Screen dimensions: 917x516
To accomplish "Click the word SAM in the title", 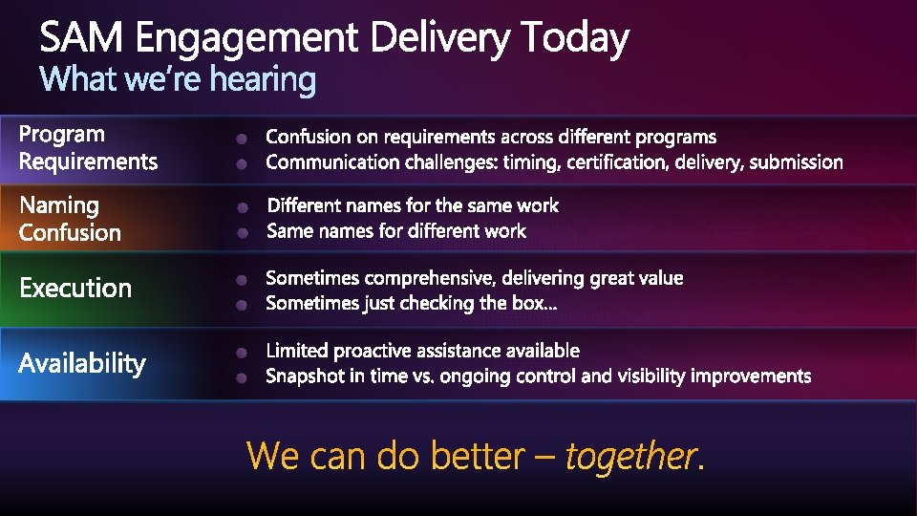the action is pyautogui.click(x=81, y=37).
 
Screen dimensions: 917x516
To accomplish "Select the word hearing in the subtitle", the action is pyautogui.click(x=263, y=79).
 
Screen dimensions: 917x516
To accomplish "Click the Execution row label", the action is pyautogui.click(x=75, y=289).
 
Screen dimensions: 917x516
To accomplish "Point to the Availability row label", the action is pyautogui.click(x=82, y=364).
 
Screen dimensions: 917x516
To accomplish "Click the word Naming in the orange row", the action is pyautogui.click(x=59, y=206).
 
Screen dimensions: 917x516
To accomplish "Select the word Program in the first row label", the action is pyautogui.click(x=61, y=135).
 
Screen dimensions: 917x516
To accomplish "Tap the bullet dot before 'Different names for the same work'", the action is pyautogui.click(x=243, y=207).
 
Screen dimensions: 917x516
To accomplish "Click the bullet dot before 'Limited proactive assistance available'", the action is pyautogui.click(x=242, y=353).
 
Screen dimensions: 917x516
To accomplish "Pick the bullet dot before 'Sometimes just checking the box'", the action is pyautogui.click(x=242, y=305).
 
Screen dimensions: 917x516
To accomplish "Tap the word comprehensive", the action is pyautogui.click(x=430, y=278).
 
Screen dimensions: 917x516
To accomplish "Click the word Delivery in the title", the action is pyautogui.click(x=439, y=38).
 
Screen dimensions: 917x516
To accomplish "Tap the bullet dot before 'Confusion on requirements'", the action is pyautogui.click(x=242, y=139).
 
